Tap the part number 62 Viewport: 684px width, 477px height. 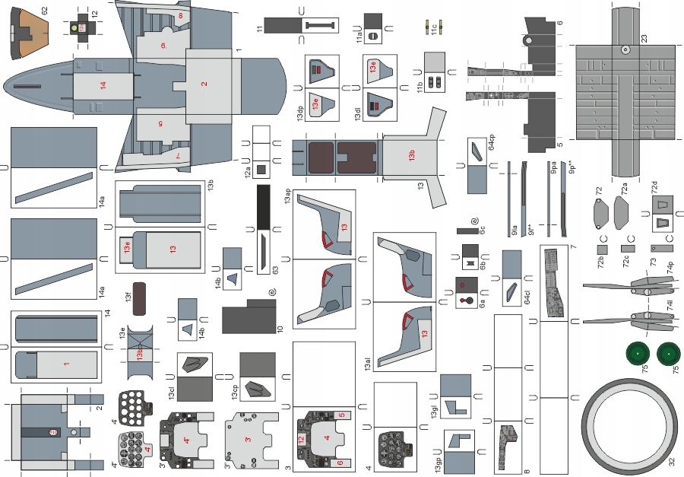pyautogui.click(x=44, y=11)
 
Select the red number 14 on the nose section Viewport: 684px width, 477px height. pyautogui.click(x=103, y=86)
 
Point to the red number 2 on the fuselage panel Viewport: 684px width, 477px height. pyautogui.click(x=204, y=84)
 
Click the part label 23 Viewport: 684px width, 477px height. pyautogui.click(x=644, y=38)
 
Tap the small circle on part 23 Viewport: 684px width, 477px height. pyautogui.click(x=623, y=50)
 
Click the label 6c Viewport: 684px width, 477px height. pyautogui.click(x=482, y=230)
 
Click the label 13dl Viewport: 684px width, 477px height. pyautogui.click(x=357, y=115)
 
